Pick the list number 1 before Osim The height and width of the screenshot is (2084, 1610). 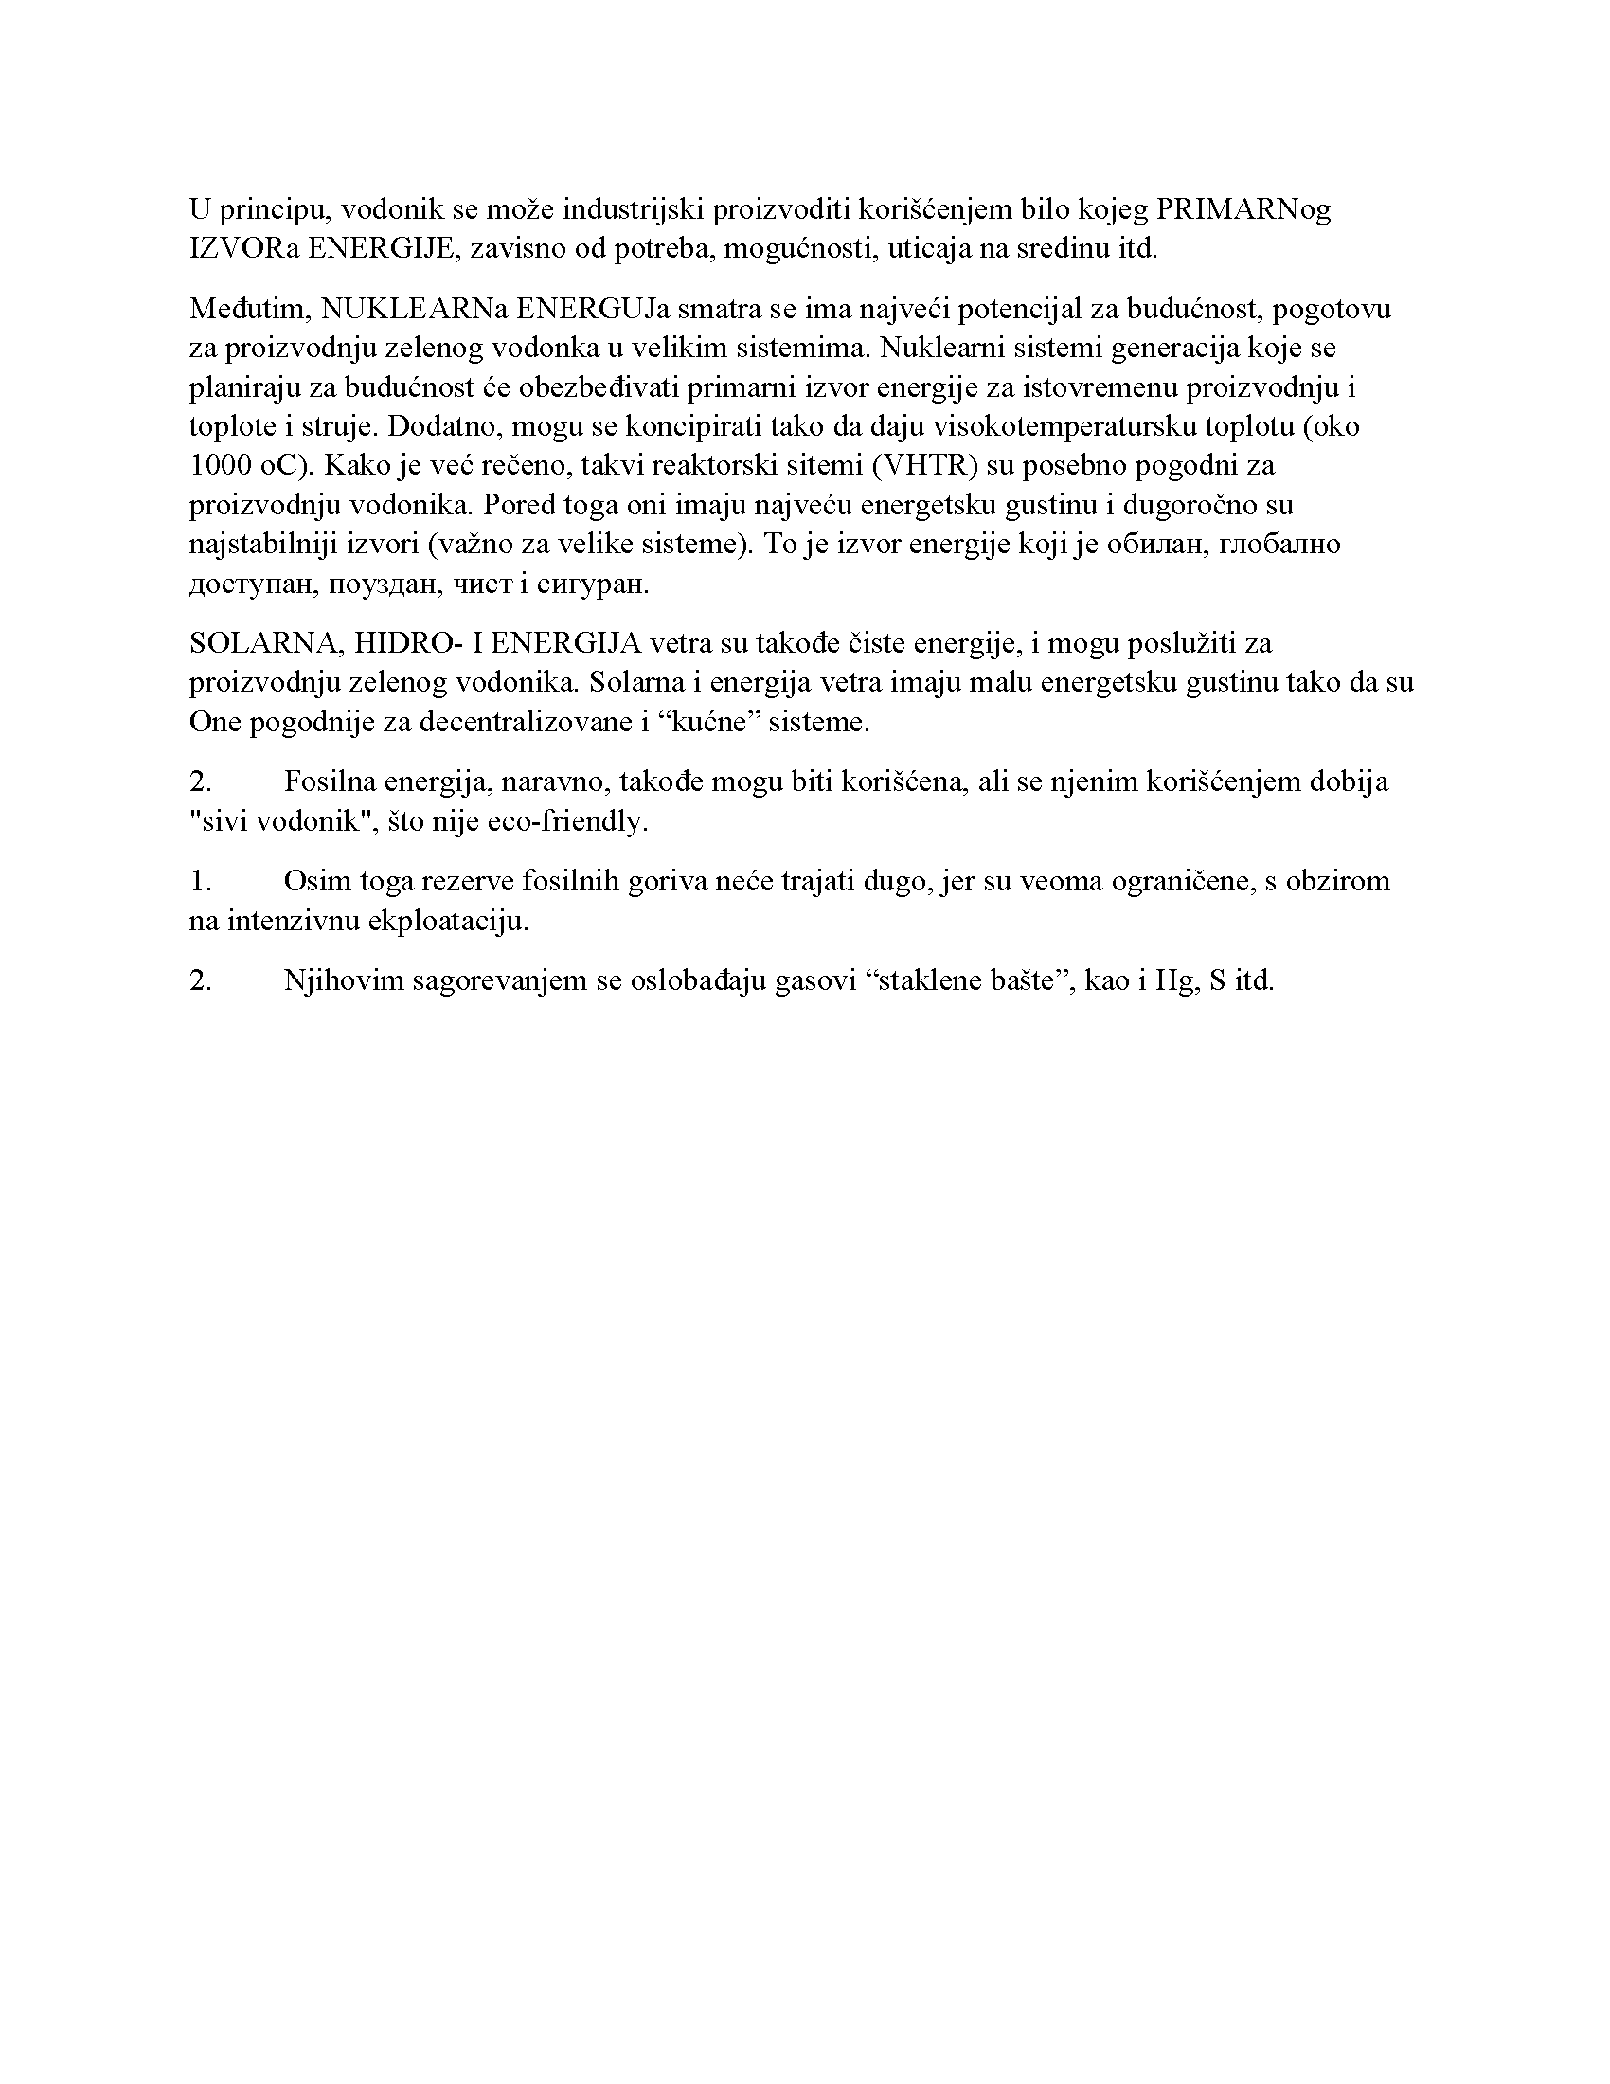click(x=199, y=881)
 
